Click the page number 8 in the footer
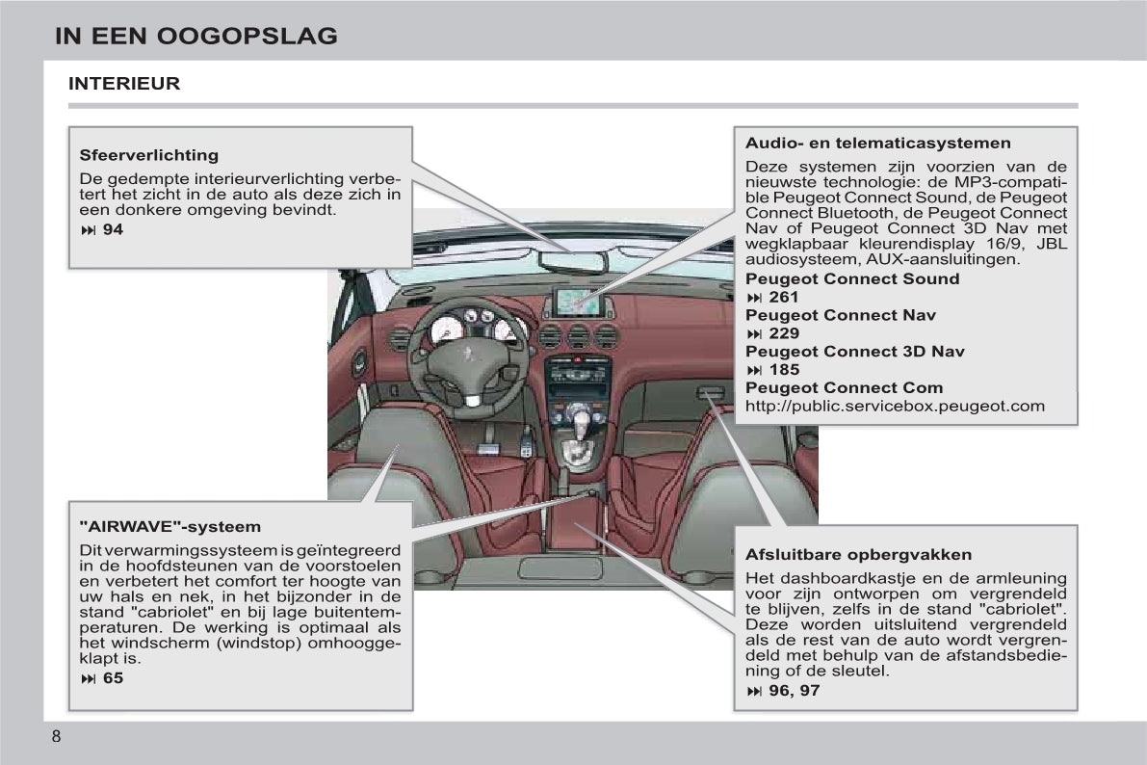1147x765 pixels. (x=56, y=737)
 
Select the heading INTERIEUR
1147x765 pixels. (x=124, y=84)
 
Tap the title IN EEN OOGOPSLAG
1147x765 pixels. (x=196, y=37)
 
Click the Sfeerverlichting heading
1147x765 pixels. (x=148, y=155)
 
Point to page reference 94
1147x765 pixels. (x=112, y=229)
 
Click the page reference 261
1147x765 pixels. (x=783, y=298)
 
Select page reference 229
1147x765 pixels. (x=783, y=333)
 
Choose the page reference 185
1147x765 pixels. (x=783, y=370)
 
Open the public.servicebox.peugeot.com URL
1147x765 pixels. (x=895, y=406)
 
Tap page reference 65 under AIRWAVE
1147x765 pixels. (x=112, y=678)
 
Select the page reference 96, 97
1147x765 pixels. (x=793, y=691)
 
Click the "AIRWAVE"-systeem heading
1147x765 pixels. (x=169, y=527)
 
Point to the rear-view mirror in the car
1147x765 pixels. (x=572, y=261)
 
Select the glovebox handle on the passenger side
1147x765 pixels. (x=711, y=392)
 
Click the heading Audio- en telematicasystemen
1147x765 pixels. (x=877, y=144)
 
